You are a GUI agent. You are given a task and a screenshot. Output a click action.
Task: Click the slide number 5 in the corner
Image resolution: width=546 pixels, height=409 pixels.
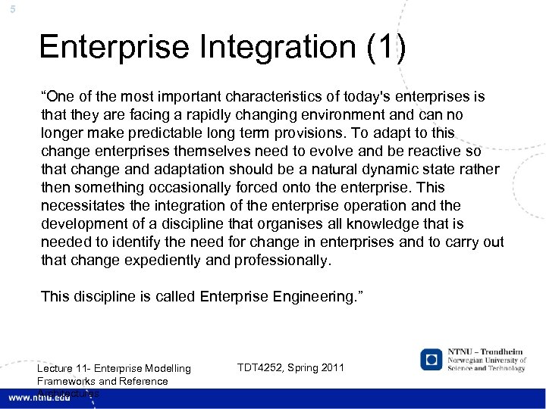tap(4, 8)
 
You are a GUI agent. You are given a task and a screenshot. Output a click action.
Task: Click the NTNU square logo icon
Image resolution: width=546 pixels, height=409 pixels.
tap(431, 359)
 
